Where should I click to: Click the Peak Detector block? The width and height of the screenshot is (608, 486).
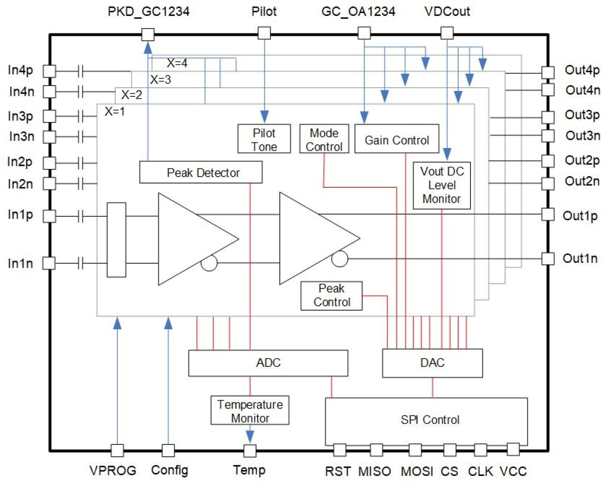tap(201, 172)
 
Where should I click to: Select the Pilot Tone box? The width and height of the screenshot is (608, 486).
tap(264, 139)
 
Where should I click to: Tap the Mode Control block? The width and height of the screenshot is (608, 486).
tap(324, 139)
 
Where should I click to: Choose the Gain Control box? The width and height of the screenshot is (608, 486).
tap(396, 139)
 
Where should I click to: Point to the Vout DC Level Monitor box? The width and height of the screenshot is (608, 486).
tap(441, 185)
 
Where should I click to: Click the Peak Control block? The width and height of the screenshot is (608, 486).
tap(332, 295)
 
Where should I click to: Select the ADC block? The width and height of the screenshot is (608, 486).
tap(268, 363)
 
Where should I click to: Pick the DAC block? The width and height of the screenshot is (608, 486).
tap(432, 363)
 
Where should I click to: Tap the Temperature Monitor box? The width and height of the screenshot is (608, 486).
tap(250, 410)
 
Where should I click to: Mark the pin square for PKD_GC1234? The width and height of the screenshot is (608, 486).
tap(148, 34)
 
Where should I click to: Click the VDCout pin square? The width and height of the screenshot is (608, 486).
tap(447, 33)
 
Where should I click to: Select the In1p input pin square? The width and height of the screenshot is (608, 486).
tap(49, 216)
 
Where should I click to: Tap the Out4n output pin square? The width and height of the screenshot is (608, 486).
tap(547, 90)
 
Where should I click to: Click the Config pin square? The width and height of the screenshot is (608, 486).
tap(168, 451)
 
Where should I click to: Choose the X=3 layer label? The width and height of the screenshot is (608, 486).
tap(160, 79)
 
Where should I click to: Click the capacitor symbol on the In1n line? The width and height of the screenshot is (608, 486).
tap(81, 263)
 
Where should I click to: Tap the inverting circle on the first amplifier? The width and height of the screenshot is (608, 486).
tap(209, 263)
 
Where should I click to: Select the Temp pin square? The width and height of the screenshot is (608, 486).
tap(249, 451)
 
